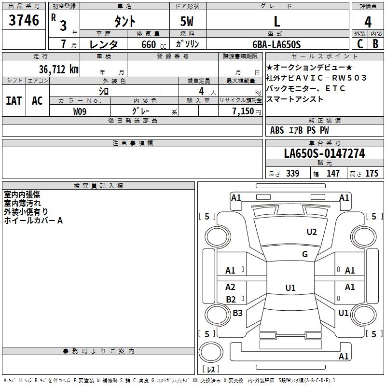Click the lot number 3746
click(x=24, y=21)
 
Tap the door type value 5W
click(x=188, y=21)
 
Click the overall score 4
click(x=368, y=22)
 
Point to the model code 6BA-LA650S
click(x=276, y=44)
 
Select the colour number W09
click(x=80, y=111)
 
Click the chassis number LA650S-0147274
click(x=324, y=153)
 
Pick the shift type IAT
click(x=14, y=100)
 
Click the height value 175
click(x=372, y=174)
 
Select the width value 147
click(x=333, y=174)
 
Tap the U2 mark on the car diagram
click(x=312, y=232)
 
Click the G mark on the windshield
click(x=305, y=254)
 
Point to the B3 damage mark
click(x=237, y=313)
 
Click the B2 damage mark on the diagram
click(x=231, y=300)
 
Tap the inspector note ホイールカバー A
click(x=33, y=221)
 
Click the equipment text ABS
click(x=277, y=130)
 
